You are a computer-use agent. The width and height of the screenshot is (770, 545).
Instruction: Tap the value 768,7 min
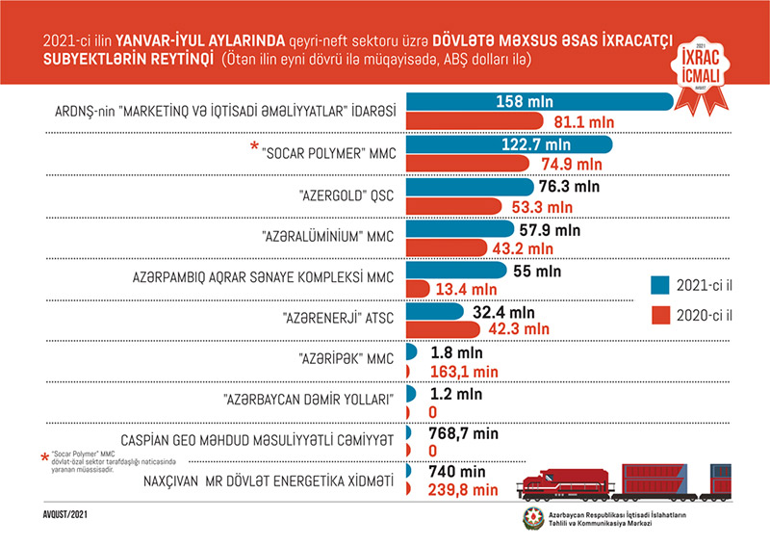[467, 434]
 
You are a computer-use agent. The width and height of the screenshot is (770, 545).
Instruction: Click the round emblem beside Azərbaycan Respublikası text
[531, 520]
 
